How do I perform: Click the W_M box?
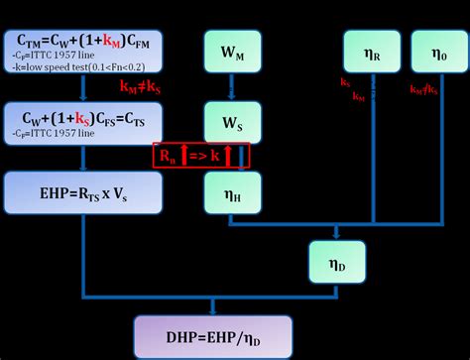point(230,52)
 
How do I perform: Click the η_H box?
point(230,189)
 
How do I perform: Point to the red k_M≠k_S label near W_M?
point(142,87)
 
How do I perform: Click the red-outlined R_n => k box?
point(202,155)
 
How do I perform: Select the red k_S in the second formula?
point(80,110)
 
